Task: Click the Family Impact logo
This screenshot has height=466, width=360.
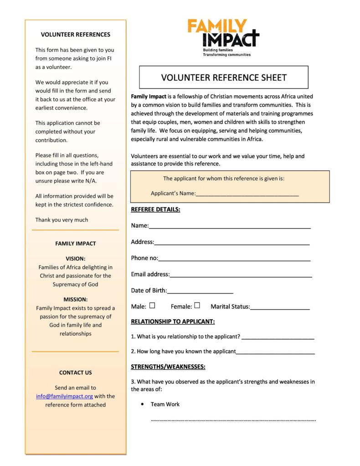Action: pyautogui.click(x=223, y=37)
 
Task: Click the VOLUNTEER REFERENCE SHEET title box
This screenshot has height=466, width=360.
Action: pyautogui.click(x=223, y=78)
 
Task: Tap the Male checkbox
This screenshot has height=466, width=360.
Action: pyautogui.click(x=152, y=305)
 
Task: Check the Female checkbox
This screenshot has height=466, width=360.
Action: pyautogui.click(x=197, y=305)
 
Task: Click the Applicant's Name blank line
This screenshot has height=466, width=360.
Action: pyautogui.click(x=247, y=195)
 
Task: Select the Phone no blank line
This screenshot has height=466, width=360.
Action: pyautogui.click(x=234, y=260)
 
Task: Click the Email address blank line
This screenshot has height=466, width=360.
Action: pyautogui.click(x=241, y=276)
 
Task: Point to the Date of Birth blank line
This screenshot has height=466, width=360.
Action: pyautogui.click(x=200, y=292)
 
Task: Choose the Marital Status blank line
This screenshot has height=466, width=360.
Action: pyautogui.click(x=280, y=308)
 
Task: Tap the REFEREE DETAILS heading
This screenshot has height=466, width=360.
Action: pyautogui.click(x=155, y=210)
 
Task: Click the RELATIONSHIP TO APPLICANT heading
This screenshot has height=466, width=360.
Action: pyautogui.click(x=173, y=321)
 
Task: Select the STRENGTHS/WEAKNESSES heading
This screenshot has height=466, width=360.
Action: pyautogui.click(x=168, y=367)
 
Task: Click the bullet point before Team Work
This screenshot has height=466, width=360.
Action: pyautogui.click(x=143, y=404)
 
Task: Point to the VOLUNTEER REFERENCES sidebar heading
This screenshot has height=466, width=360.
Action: pyautogui.click(x=76, y=35)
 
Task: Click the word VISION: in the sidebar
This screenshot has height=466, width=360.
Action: pyautogui.click(x=76, y=258)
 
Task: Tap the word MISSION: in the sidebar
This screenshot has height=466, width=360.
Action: pyautogui.click(x=76, y=300)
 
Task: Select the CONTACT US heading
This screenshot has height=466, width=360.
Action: pyautogui.click(x=76, y=373)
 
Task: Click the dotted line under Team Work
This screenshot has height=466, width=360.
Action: pyautogui.click(x=233, y=420)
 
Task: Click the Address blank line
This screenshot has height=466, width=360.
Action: pyautogui.click(x=232, y=244)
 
